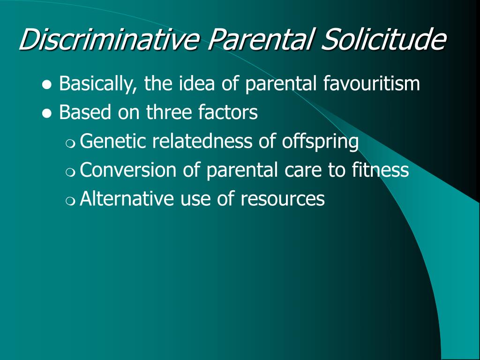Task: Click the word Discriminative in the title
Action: click(109, 39)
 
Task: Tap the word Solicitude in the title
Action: click(383, 39)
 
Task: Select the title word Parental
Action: click(261, 39)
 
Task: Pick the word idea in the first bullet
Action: click(197, 83)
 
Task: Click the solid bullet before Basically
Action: click(47, 85)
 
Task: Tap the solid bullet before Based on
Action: click(47, 114)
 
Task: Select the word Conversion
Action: click(128, 170)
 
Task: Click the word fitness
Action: click(380, 170)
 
